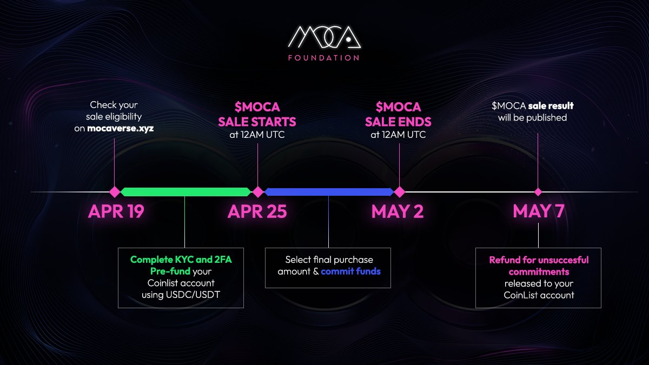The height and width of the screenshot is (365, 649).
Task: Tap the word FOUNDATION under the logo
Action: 324,58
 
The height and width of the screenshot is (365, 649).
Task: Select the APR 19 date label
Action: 116,211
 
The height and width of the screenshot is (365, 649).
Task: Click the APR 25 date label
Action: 257,211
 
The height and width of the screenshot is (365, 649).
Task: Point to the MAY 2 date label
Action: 398,211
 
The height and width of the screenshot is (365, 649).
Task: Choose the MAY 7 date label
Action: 538,211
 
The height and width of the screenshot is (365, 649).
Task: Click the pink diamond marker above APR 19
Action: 114,192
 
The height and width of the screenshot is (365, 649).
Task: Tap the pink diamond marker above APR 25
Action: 258,192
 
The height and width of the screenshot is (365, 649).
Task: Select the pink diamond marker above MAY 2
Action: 399,192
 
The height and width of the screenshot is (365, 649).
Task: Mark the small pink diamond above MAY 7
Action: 538,192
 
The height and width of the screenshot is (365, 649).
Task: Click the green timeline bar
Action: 186,192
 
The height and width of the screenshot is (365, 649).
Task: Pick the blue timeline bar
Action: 328,192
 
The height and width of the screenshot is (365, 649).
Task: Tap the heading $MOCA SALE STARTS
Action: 257,114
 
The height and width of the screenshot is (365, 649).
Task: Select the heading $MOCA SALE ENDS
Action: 398,114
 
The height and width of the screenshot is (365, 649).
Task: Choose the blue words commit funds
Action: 350,271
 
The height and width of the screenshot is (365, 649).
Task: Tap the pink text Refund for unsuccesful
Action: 539,260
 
